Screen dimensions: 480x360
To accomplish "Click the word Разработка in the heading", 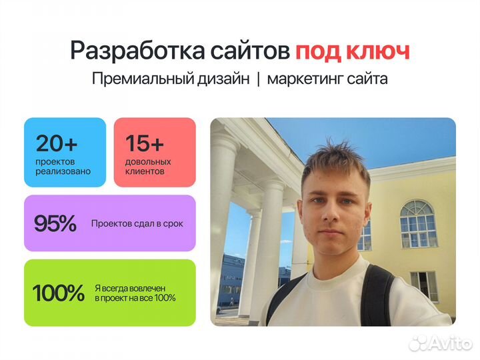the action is (x=137, y=51).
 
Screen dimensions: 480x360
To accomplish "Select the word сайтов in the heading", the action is (x=250, y=51).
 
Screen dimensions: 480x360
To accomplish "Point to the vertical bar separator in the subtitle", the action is (x=259, y=79).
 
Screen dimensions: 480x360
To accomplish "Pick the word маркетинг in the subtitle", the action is (x=305, y=79).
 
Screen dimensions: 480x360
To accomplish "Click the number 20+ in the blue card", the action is (x=56, y=143).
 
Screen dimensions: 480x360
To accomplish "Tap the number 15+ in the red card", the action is (x=145, y=143).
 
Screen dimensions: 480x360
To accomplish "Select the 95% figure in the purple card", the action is (x=55, y=223).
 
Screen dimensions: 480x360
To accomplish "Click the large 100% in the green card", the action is (x=58, y=293).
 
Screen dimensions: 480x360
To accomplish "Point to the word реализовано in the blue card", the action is (x=63, y=171).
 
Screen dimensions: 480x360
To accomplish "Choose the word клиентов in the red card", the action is (x=145, y=171).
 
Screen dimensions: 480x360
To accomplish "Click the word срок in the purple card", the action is (x=173, y=224).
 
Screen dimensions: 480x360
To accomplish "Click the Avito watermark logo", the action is (x=440, y=343).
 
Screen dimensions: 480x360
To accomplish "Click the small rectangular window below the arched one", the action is (x=424, y=286).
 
